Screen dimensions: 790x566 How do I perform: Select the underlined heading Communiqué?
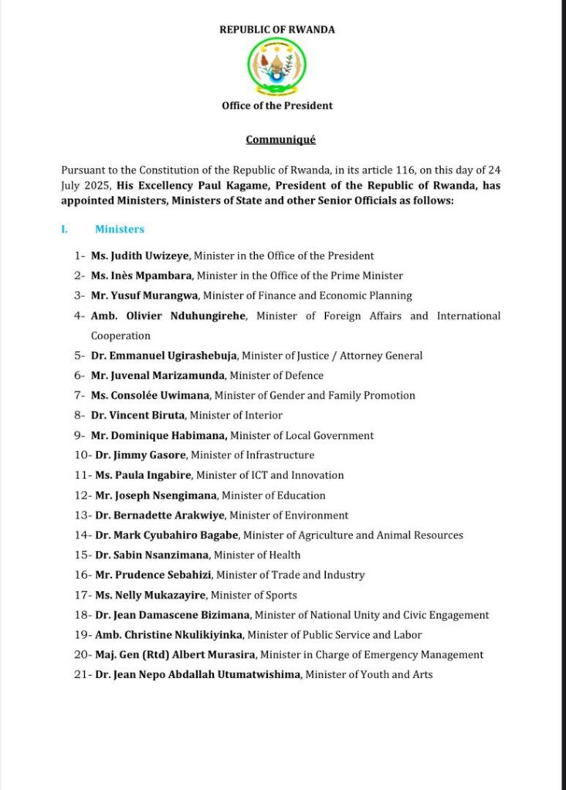[x=280, y=140]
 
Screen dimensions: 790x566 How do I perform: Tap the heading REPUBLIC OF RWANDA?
[x=277, y=30]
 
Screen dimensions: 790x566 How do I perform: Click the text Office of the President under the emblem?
[x=277, y=106]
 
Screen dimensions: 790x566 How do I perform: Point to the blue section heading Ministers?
[x=120, y=229]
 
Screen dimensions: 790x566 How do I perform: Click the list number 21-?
[x=81, y=675]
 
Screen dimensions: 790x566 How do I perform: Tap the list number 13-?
[x=81, y=515]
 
